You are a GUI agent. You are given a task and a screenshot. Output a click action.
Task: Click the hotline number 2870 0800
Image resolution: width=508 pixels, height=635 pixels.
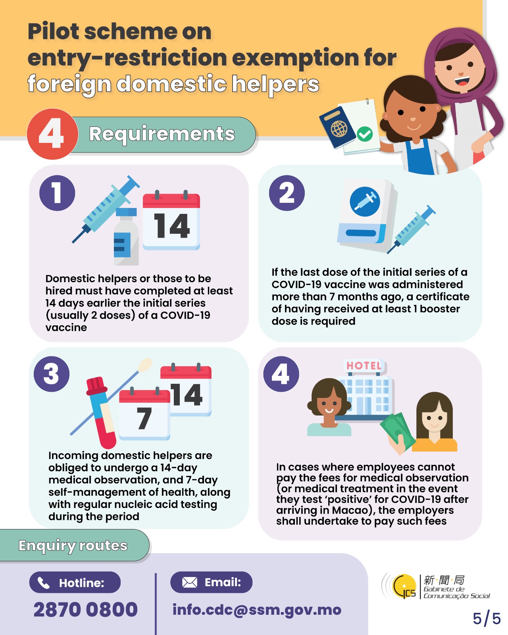click(x=85, y=609)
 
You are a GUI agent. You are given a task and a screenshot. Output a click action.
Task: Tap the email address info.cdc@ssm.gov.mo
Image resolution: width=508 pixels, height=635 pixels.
click(x=257, y=610)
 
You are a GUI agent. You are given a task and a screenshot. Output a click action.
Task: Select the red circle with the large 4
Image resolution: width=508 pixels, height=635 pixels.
click(x=52, y=134)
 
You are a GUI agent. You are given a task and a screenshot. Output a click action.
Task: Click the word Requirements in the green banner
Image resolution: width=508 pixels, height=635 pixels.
click(x=162, y=134)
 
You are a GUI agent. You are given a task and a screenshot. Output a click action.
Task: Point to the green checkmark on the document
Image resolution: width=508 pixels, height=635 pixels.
click(x=365, y=134)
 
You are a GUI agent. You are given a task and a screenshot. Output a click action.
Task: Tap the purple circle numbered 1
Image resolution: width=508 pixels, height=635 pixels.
click(x=57, y=193)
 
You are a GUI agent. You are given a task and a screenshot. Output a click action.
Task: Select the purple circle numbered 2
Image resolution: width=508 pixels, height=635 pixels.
click(x=286, y=193)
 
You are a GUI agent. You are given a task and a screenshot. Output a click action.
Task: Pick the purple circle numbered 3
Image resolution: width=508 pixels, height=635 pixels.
click(x=51, y=374)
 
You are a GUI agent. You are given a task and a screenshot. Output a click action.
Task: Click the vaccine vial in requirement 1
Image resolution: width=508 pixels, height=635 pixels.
click(x=126, y=236)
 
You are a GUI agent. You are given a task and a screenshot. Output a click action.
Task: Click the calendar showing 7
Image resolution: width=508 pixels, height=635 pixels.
click(x=144, y=414)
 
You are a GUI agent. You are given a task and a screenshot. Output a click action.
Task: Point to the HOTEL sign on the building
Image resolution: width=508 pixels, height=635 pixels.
click(x=364, y=366)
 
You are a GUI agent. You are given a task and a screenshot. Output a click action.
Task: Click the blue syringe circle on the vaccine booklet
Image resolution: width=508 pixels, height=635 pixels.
click(x=365, y=202)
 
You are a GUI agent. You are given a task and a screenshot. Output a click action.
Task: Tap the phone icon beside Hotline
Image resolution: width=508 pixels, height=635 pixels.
click(x=43, y=583)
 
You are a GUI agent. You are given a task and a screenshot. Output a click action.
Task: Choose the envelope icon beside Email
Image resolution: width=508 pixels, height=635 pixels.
click(x=189, y=583)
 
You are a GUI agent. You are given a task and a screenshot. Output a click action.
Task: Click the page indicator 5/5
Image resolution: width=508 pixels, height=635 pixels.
click(x=487, y=618)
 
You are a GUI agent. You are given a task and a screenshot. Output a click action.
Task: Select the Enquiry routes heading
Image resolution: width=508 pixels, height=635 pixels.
click(x=73, y=546)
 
